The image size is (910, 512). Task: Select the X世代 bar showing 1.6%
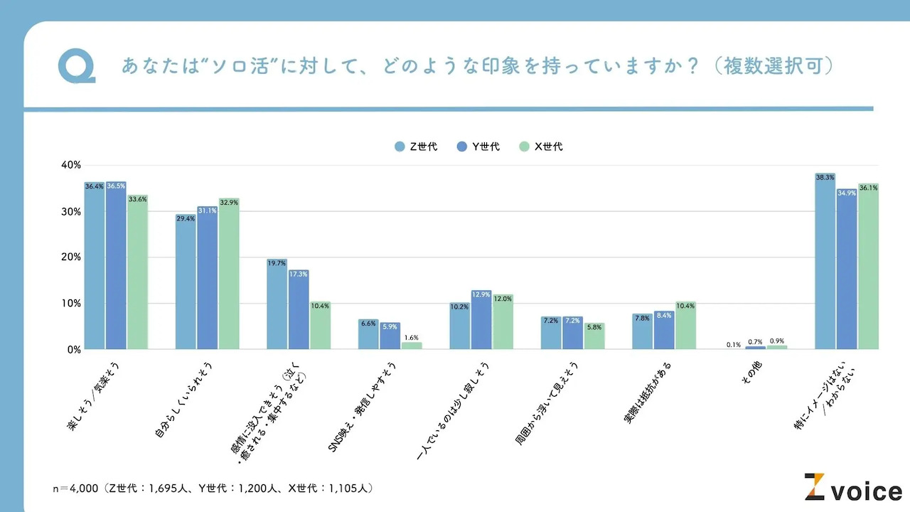(x=412, y=346)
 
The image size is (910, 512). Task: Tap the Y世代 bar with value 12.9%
(x=481, y=320)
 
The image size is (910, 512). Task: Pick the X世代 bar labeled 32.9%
(x=229, y=274)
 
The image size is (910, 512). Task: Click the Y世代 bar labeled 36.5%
(x=116, y=266)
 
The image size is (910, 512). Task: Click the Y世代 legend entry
(x=478, y=147)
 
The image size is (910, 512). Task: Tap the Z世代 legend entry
(x=416, y=147)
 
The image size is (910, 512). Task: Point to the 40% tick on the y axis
(x=71, y=165)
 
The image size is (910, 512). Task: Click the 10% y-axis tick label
(x=71, y=304)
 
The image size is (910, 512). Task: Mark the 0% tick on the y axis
(x=74, y=350)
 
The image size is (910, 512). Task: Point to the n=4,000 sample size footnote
(x=213, y=489)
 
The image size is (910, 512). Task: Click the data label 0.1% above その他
(x=734, y=345)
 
